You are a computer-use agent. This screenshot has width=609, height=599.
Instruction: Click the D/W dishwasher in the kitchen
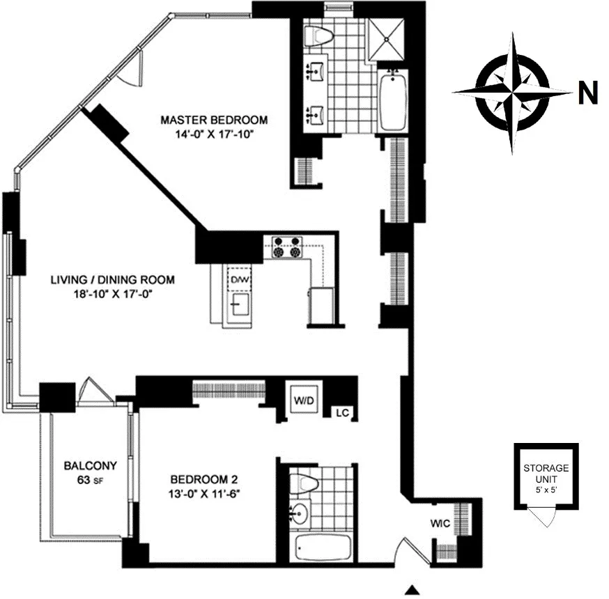click(x=239, y=280)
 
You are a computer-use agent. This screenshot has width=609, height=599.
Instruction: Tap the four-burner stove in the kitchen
click(x=288, y=248)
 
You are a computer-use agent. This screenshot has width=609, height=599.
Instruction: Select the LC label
click(x=342, y=412)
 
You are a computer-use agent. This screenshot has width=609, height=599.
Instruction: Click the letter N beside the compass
click(x=589, y=94)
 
